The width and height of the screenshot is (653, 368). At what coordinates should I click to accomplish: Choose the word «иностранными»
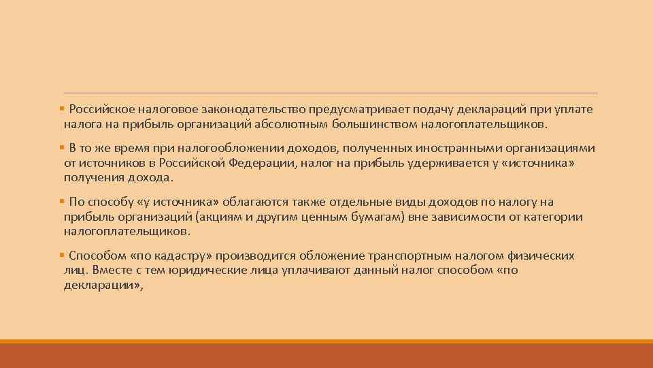454,149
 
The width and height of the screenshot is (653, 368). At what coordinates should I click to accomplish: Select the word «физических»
541,256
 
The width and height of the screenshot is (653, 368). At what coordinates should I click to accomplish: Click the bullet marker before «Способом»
62,256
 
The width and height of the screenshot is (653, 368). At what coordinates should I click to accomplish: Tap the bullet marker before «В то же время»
62,149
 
